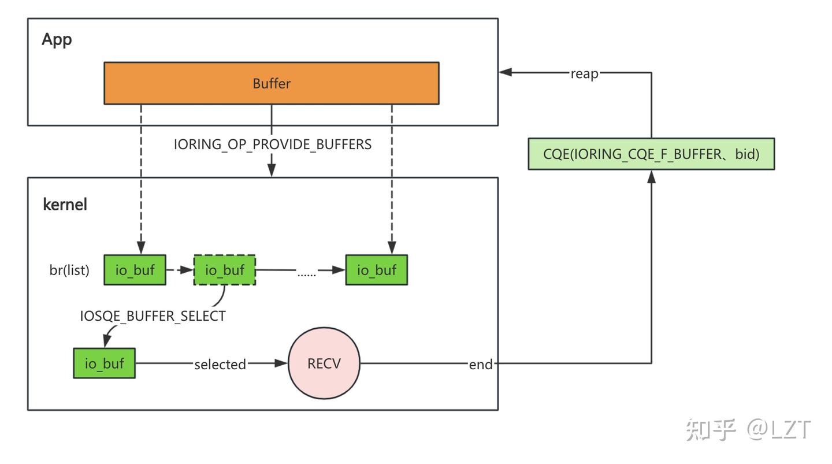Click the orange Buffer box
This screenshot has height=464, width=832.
[271, 83]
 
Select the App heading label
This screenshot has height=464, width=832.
[57, 40]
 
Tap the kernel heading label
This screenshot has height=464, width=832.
[65, 204]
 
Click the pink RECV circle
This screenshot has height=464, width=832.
[324, 363]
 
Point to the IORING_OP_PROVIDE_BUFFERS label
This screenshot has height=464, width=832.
[273, 144]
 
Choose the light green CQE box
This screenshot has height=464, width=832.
[651, 154]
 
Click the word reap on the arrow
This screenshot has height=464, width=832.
[584, 73]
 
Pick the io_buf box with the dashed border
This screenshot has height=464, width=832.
[224, 270]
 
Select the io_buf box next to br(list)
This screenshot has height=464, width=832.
[135, 270]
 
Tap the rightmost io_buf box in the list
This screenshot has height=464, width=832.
[376, 270]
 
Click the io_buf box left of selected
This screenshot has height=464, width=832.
[104, 363]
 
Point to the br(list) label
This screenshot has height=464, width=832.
[69, 270]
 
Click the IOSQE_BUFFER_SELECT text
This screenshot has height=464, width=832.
[153, 317]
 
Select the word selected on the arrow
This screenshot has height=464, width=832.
[220, 364]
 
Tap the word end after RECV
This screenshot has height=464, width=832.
[481, 364]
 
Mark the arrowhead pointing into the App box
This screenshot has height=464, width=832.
[506, 72]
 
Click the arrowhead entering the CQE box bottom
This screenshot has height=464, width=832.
[652, 176]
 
